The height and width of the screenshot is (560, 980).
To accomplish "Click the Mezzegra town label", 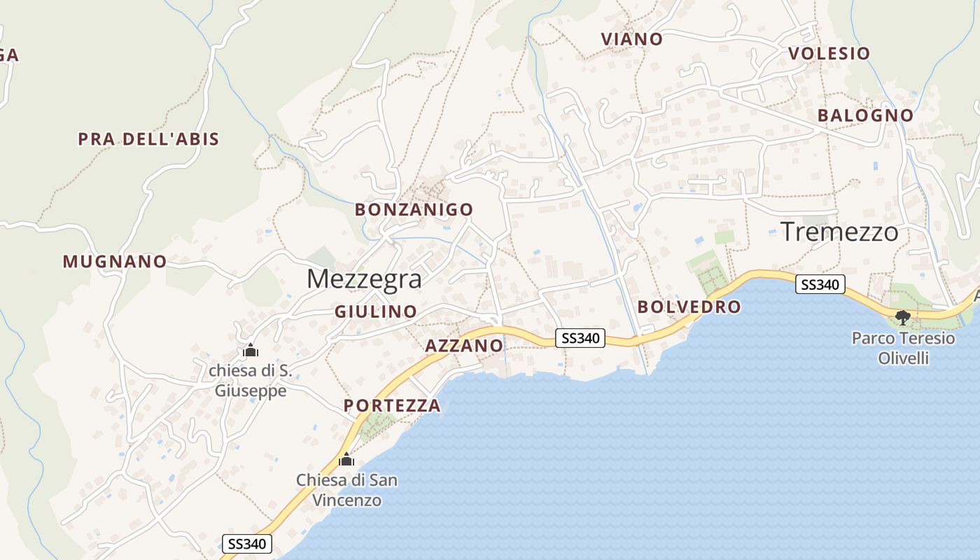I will [x=364, y=279].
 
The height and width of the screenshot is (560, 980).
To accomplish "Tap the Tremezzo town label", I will [x=839, y=231].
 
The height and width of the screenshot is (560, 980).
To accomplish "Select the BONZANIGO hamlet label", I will [x=414, y=209].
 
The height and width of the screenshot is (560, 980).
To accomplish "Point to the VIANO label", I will [x=631, y=39].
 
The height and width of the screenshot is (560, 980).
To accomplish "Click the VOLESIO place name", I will [x=829, y=53].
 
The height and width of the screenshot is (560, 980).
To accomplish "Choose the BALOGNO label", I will [x=865, y=115].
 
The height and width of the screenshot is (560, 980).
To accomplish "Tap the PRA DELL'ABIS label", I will [x=148, y=139].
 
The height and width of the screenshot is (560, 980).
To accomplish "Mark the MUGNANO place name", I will [x=115, y=262].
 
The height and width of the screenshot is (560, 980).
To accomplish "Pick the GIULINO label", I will [x=376, y=311].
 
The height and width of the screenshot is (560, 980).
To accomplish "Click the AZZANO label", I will [x=464, y=345].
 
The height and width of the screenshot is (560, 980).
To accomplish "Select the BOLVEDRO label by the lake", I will [x=689, y=307].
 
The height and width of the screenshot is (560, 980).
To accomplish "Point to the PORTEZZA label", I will [x=392, y=405].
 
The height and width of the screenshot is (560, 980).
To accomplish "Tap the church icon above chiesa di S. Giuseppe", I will [x=250, y=350].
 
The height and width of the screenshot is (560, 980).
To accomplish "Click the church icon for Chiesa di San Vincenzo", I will [x=346, y=460].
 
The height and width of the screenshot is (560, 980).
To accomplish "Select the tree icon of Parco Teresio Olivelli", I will [x=903, y=318].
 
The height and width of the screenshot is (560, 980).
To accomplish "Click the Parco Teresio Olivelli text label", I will [x=903, y=348].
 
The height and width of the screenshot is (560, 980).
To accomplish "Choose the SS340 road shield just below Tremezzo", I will [x=820, y=285].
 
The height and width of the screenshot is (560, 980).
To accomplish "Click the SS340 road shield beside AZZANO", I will [x=580, y=338].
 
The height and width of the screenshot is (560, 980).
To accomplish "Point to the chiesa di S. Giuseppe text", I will [x=250, y=380].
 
